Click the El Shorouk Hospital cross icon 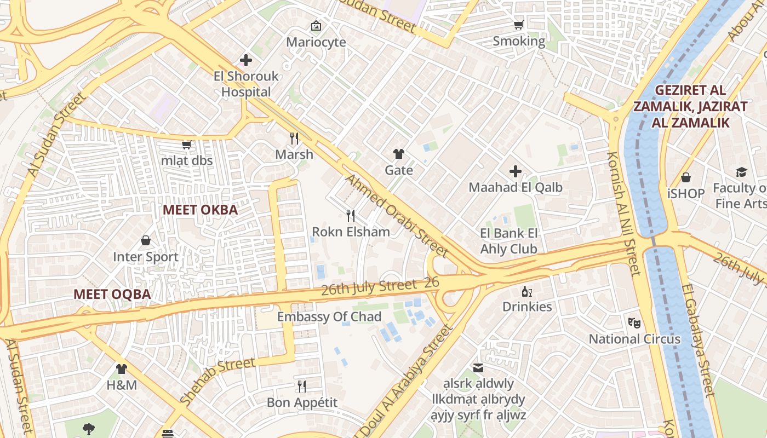point(246,60)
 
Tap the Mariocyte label point(316,42)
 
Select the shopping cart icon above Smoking point(518,25)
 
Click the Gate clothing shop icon point(399,154)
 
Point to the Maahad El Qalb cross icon point(515,172)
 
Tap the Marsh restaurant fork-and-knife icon point(294,138)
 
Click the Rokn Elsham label point(351,232)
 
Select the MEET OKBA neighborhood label point(200,210)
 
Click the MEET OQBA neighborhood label point(112,294)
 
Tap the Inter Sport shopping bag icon point(146,241)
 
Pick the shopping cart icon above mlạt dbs point(186,145)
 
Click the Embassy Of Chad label point(329,317)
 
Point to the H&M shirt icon point(122,369)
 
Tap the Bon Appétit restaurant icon point(302,387)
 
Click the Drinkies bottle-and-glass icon point(527,291)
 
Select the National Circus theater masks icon point(634,323)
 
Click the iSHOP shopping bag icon point(685,177)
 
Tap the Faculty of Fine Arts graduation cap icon point(741,172)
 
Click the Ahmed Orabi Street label point(397,216)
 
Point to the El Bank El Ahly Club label point(509,241)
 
